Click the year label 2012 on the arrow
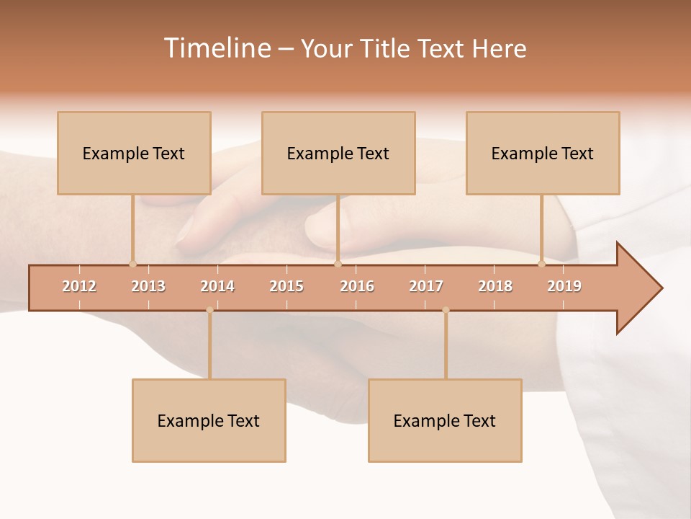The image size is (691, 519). pyautogui.click(x=79, y=286)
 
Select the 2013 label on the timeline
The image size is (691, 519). pyautogui.click(x=148, y=286)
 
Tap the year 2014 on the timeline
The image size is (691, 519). pyautogui.click(x=217, y=286)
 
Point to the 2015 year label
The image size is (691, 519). pyautogui.click(x=286, y=286)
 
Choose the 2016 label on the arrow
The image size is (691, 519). pyautogui.click(x=357, y=286)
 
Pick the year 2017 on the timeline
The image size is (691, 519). pyautogui.click(x=426, y=286)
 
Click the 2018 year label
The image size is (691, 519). pyautogui.click(x=495, y=286)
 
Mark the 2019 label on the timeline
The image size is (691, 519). pyautogui.click(x=564, y=286)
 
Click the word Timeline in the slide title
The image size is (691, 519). pyautogui.click(x=216, y=48)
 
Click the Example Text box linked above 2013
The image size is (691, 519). pyautogui.click(x=134, y=153)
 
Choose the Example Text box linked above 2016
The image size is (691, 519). pyautogui.click(x=338, y=153)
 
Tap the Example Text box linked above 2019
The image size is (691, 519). pyautogui.click(x=543, y=153)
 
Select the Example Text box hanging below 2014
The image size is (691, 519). pyautogui.click(x=209, y=420)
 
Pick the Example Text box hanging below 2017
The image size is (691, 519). pyautogui.click(x=445, y=420)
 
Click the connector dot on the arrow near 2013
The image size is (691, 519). pyautogui.click(x=132, y=264)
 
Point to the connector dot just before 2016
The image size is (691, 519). pyautogui.click(x=338, y=264)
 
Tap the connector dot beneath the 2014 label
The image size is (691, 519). pyautogui.click(x=209, y=310)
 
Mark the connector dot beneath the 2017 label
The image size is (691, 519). pyautogui.click(x=446, y=310)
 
